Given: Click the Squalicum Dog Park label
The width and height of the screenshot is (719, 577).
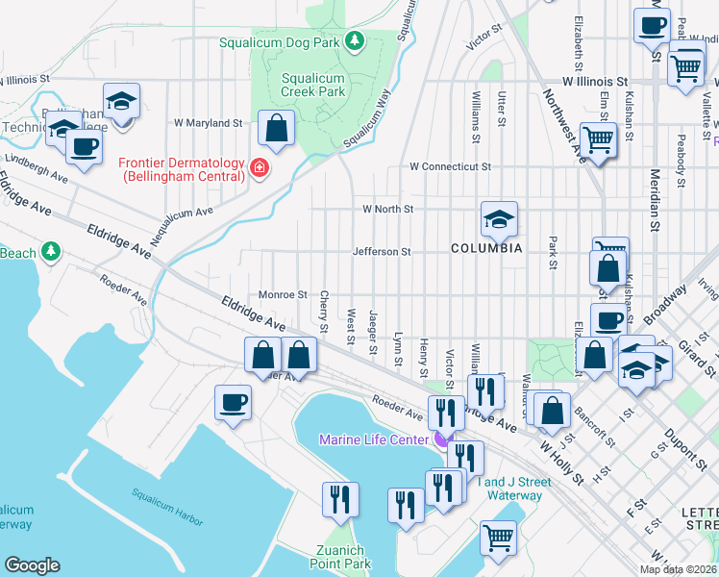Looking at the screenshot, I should coord(280,42).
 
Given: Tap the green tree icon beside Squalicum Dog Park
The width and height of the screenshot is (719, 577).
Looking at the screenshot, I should coord(355,41).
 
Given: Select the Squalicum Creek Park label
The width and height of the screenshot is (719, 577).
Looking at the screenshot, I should coord(312,85).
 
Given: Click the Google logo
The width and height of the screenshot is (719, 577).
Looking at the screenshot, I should coord(32,565).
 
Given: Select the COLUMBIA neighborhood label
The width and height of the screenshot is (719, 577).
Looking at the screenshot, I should coord(487,248).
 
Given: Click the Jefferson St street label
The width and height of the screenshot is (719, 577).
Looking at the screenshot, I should coord(382,252).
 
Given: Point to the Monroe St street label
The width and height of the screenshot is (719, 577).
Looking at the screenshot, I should coord(283,295).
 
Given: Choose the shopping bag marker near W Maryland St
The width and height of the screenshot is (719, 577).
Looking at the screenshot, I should coord(276,128).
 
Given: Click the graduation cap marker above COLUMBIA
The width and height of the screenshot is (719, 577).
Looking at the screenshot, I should coord(499,219).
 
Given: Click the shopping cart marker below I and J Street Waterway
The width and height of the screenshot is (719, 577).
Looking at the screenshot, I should coord(498,539).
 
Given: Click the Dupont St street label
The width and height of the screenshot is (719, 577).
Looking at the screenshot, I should coord(683,439).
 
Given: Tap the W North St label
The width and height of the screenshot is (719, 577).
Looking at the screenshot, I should coord(387,209).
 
